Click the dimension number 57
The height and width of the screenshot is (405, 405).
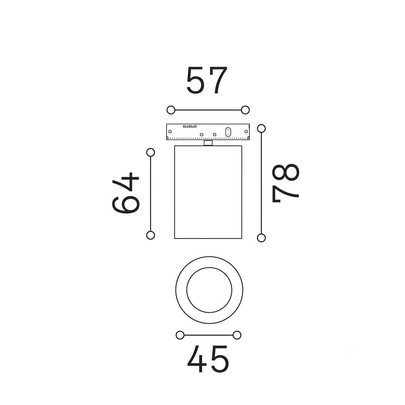[x=207, y=80]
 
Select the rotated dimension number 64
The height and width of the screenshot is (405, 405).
[x=126, y=193]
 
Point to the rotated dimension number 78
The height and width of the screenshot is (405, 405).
[x=285, y=183]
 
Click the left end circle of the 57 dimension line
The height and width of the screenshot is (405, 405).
[x=171, y=110]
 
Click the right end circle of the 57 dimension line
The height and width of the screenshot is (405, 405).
[x=245, y=110]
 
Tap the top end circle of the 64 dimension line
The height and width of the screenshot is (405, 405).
[x=150, y=152]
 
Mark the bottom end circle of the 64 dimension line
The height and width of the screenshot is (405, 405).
[x=150, y=235]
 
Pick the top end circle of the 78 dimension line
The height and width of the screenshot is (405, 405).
[x=261, y=128]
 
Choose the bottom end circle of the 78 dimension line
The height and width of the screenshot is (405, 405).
[x=261, y=238]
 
